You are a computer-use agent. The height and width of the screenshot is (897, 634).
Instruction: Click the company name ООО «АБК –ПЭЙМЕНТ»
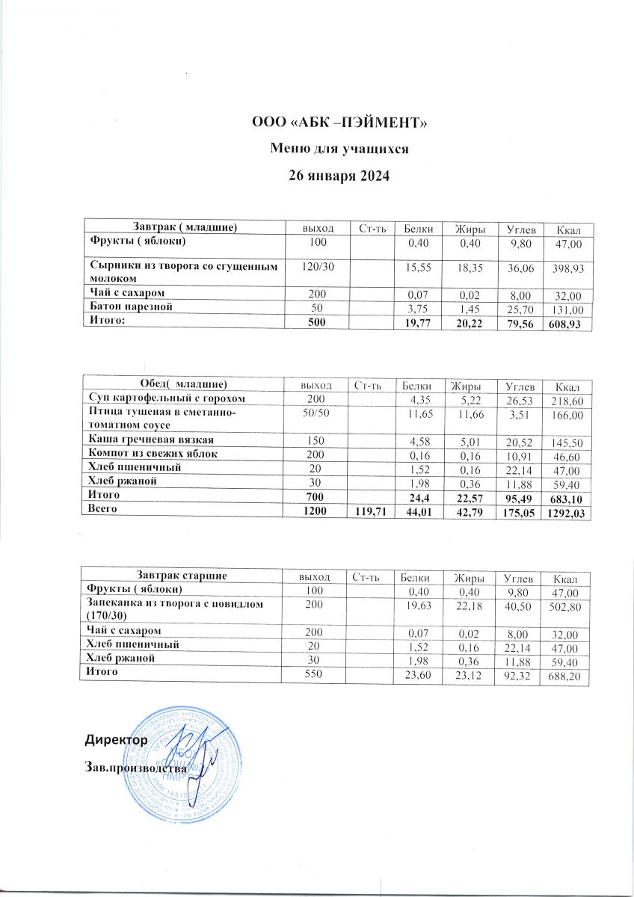[x=340, y=123]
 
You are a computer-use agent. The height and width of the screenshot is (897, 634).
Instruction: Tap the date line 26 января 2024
[x=340, y=176]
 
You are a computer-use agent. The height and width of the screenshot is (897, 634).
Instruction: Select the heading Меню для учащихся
[x=340, y=149]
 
